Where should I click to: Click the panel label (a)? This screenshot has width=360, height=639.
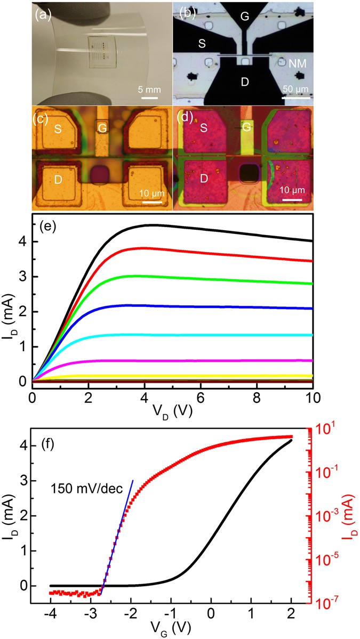tap(43, 15)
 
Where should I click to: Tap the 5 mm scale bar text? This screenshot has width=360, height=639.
tap(150, 88)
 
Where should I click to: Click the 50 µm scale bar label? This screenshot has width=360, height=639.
tap(295, 88)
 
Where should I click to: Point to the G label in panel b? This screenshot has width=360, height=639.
tap(244, 16)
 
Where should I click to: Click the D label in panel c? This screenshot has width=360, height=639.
tap(57, 180)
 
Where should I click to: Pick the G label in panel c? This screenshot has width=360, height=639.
tap(102, 127)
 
